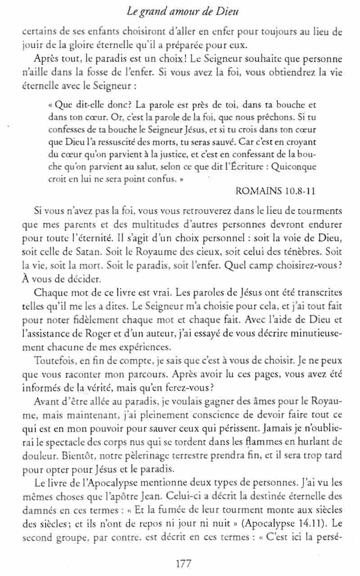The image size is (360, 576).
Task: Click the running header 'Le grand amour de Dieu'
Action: (x=182, y=12)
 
